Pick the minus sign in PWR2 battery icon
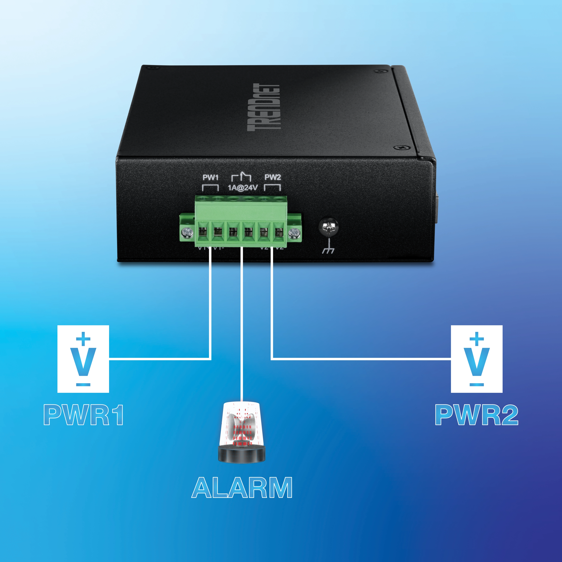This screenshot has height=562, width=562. tap(476, 384)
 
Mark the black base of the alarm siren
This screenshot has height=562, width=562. tap(241, 454)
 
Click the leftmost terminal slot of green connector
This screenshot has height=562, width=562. tap(202, 232)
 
